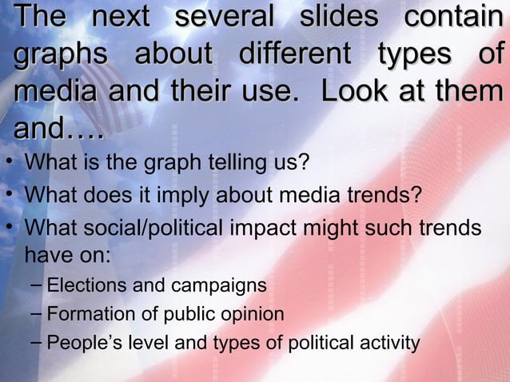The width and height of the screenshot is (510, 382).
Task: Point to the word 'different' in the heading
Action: [294, 54]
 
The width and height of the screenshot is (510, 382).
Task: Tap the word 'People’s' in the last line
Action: [81, 344]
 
